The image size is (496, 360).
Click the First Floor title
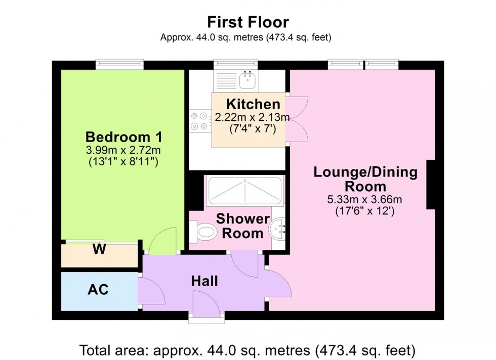pos(248,22)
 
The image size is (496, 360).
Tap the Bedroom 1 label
pos(123,137)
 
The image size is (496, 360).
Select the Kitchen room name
pos(253,105)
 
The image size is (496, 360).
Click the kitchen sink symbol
pos(248,78)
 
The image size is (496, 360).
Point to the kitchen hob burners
pos(199,121)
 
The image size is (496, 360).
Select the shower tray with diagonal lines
pos(244,191)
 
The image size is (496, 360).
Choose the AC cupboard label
pos(98,290)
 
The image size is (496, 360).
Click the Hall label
pos(204,281)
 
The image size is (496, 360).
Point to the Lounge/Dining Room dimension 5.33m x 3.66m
pos(365,199)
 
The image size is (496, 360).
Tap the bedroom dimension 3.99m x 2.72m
pos(123,150)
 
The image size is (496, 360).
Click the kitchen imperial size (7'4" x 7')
pos(252,129)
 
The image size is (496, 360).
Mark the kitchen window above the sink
pos(236,64)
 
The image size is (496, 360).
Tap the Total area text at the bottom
pos(247,349)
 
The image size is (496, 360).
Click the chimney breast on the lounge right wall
pos(431,185)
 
